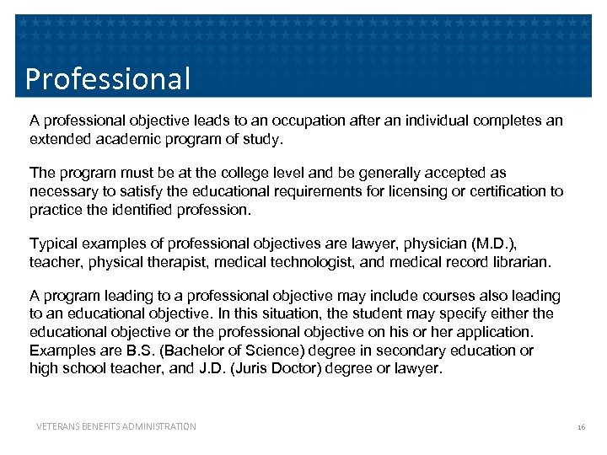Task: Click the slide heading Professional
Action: pos(108,78)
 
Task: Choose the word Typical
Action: pos(53,244)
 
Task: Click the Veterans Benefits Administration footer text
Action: pos(116,426)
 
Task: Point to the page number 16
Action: pos(581,427)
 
